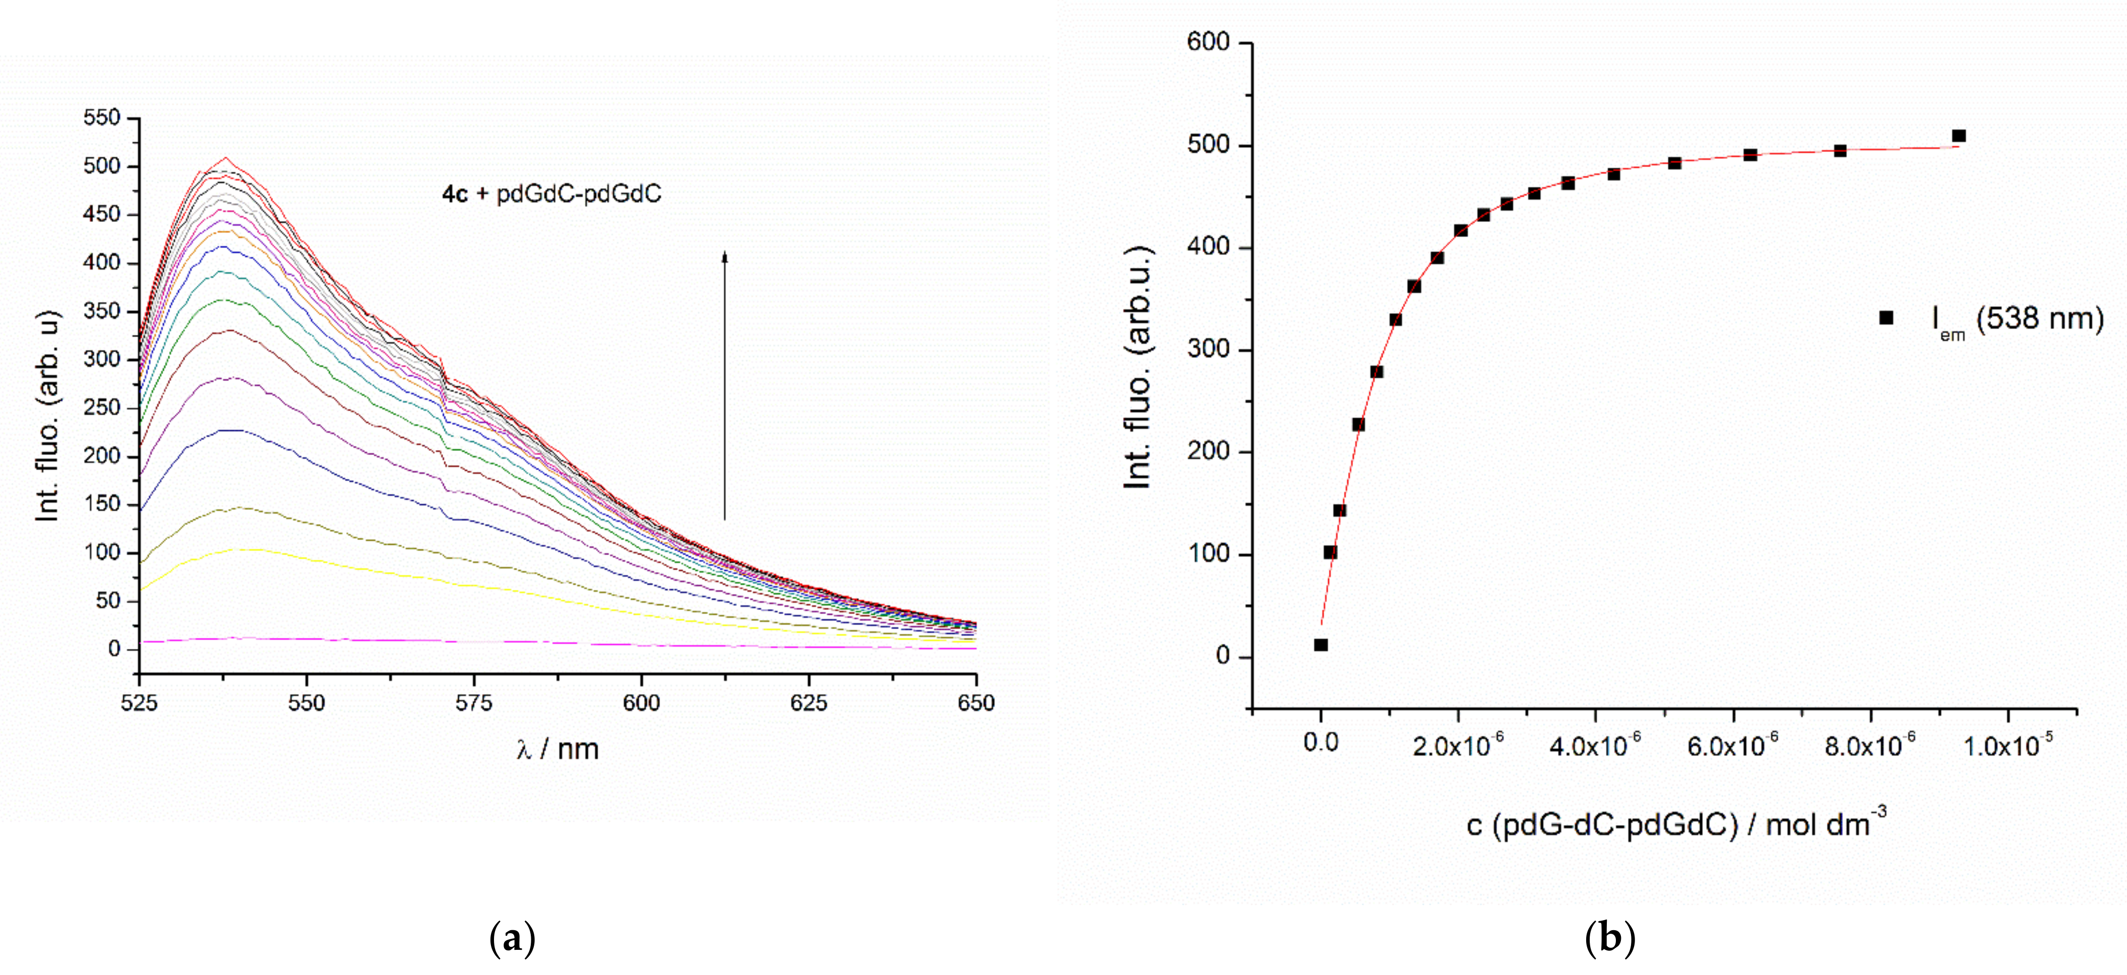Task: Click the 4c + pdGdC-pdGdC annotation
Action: pyautogui.click(x=551, y=194)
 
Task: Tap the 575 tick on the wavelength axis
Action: pyautogui.click(x=474, y=703)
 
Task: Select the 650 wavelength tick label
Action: pyautogui.click(x=976, y=703)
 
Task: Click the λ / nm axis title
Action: pyautogui.click(x=557, y=749)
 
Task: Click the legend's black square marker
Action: pyautogui.click(x=1886, y=318)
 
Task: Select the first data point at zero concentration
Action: pyautogui.click(x=1321, y=645)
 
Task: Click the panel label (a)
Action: pyautogui.click(x=512, y=939)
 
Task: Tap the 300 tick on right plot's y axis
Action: pyautogui.click(x=1208, y=349)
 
